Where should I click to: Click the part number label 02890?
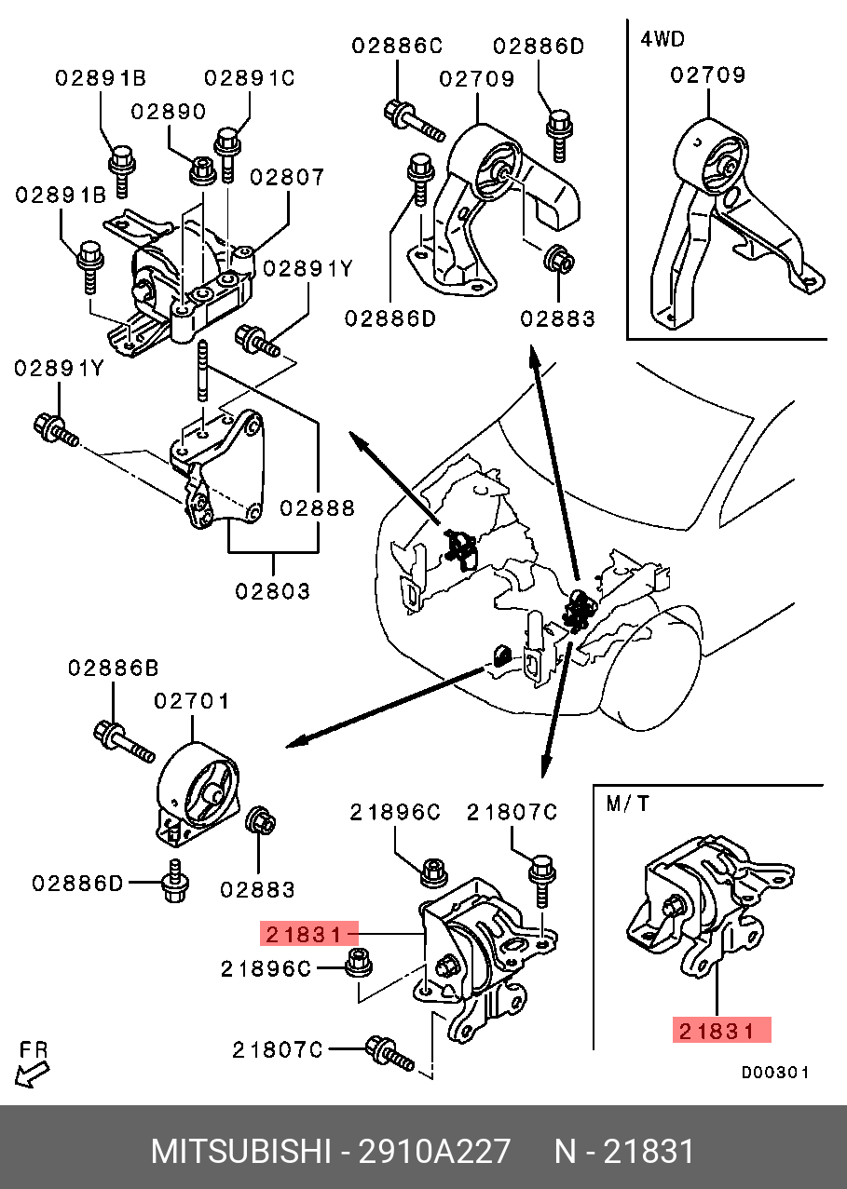168,112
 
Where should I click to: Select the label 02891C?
250,78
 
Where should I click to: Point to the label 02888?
317,508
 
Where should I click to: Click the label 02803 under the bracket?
272,590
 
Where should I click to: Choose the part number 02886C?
397,45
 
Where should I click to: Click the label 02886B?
113,668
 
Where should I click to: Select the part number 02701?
191,700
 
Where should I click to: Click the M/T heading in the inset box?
629,804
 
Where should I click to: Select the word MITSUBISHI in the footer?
239,1152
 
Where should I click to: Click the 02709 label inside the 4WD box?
708,75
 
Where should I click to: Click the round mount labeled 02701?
198,787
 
